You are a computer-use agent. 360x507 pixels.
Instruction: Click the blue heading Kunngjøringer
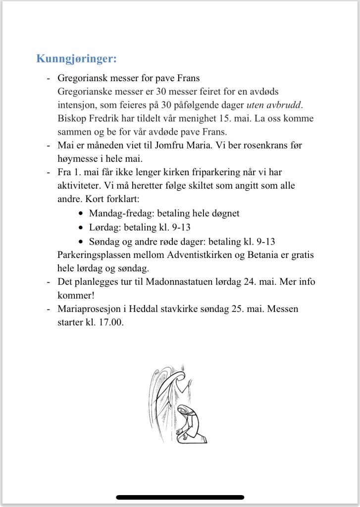76,58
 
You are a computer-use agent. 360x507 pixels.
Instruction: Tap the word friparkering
197,173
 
